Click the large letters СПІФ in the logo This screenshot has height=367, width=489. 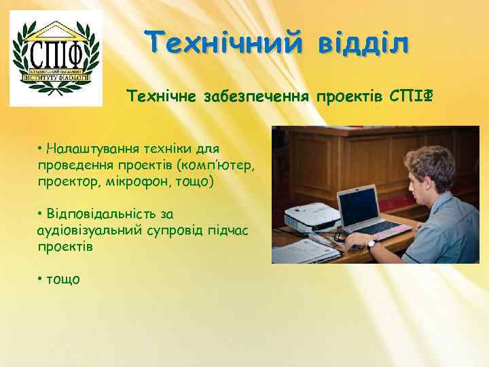coord(55,52)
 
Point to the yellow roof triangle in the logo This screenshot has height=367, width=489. coord(56,29)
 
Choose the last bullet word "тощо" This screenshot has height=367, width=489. coord(63,279)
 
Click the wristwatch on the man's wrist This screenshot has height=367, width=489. coord(372,243)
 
